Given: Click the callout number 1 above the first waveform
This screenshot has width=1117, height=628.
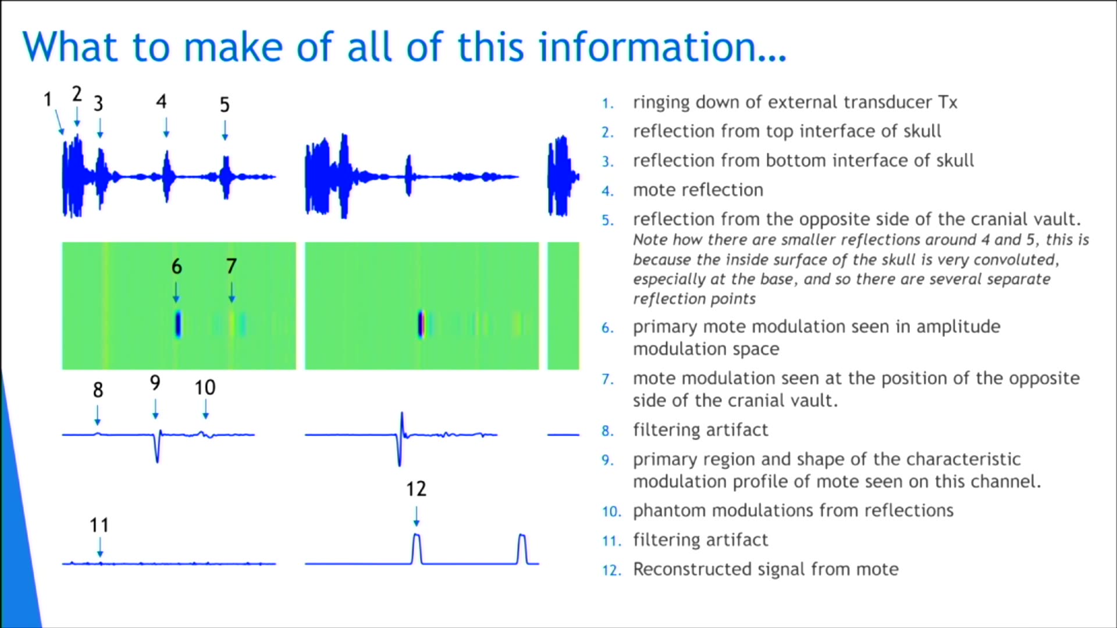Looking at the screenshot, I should point(48,99).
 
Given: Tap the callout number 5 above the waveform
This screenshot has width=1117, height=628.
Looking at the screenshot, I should point(225,105).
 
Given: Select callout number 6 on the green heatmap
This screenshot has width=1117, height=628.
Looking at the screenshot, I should point(176,267).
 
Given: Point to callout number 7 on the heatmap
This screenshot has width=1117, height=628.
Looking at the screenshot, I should point(232,266).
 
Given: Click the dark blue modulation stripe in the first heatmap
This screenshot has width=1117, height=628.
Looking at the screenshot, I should point(178,324).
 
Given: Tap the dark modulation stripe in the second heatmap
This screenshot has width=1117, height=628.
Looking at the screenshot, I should point(421,324).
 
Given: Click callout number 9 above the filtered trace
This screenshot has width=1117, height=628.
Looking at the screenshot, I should point(155,383).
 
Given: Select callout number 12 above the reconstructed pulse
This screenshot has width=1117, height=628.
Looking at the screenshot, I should point(416,489).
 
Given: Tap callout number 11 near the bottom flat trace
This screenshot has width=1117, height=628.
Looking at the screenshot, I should point(99,526).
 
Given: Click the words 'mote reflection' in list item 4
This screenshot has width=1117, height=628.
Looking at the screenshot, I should point(698,190).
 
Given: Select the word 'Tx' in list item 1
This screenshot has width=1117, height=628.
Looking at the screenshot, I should point(947,102).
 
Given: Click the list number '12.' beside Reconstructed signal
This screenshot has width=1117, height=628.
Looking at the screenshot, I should point(611,570).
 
